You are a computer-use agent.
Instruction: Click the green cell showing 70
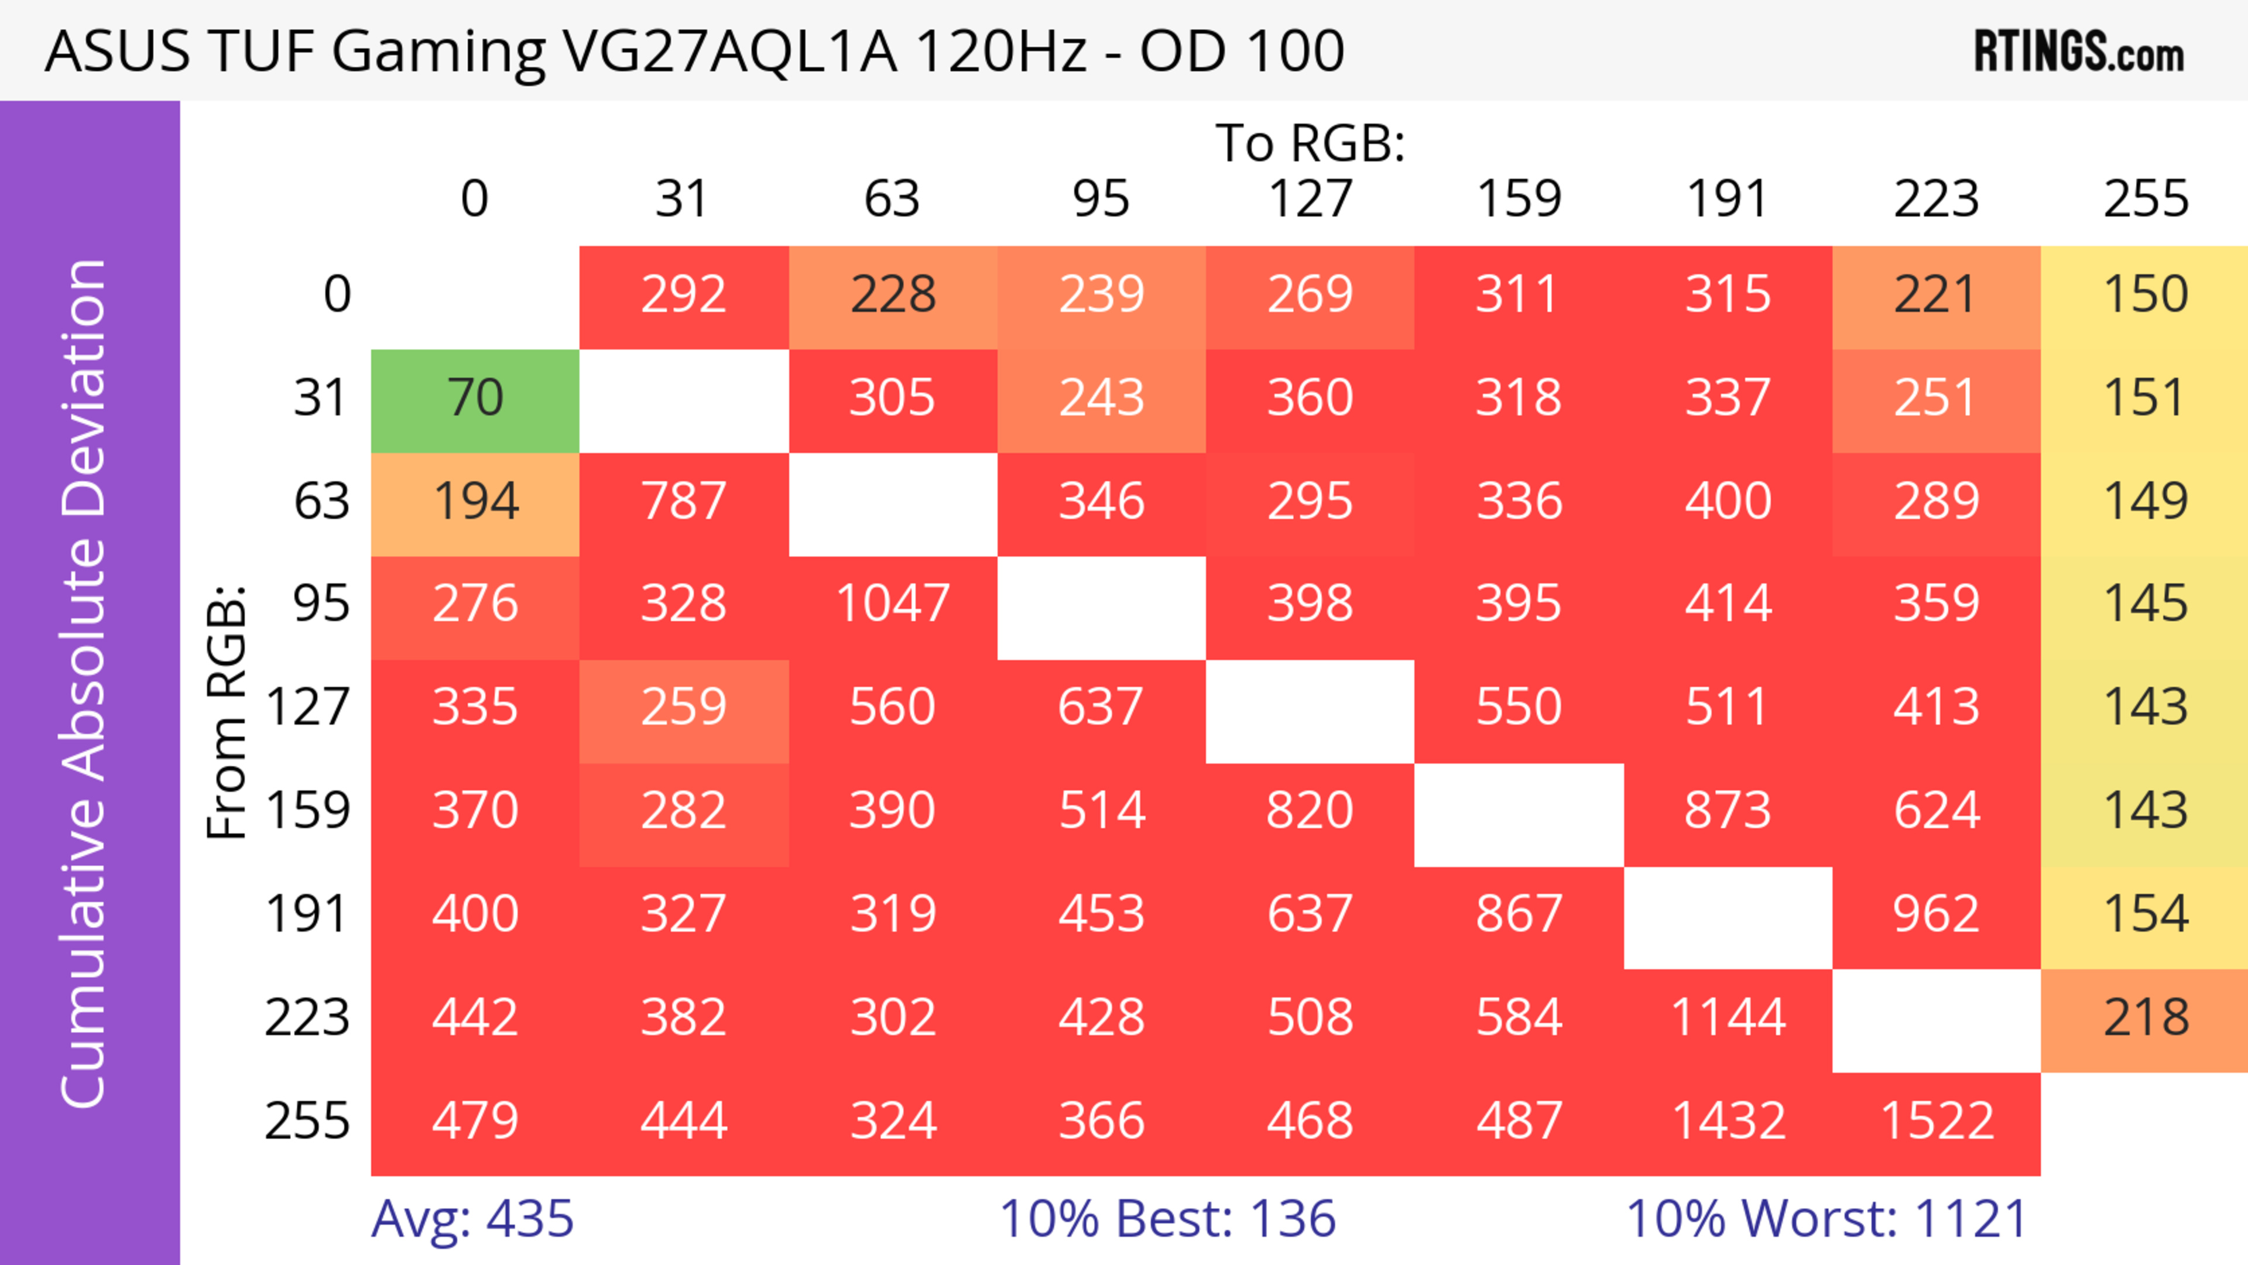click(475, 398)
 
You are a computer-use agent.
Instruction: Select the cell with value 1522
click(1937, 1121)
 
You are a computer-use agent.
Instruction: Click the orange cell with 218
click(2145, 1018)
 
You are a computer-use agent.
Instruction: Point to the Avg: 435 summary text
click(472, 1219)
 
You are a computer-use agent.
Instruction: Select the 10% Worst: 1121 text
click(1826, 1219)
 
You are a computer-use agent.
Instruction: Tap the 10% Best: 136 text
click(1168, 1219)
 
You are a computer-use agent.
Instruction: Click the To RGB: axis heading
click(1310, 143)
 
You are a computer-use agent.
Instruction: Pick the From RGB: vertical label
click(227, 711)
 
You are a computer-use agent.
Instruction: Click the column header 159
click(1519, 199)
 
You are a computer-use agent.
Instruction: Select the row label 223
click(307, 1018)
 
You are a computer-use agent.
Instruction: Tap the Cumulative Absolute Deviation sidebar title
click(85, 683)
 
